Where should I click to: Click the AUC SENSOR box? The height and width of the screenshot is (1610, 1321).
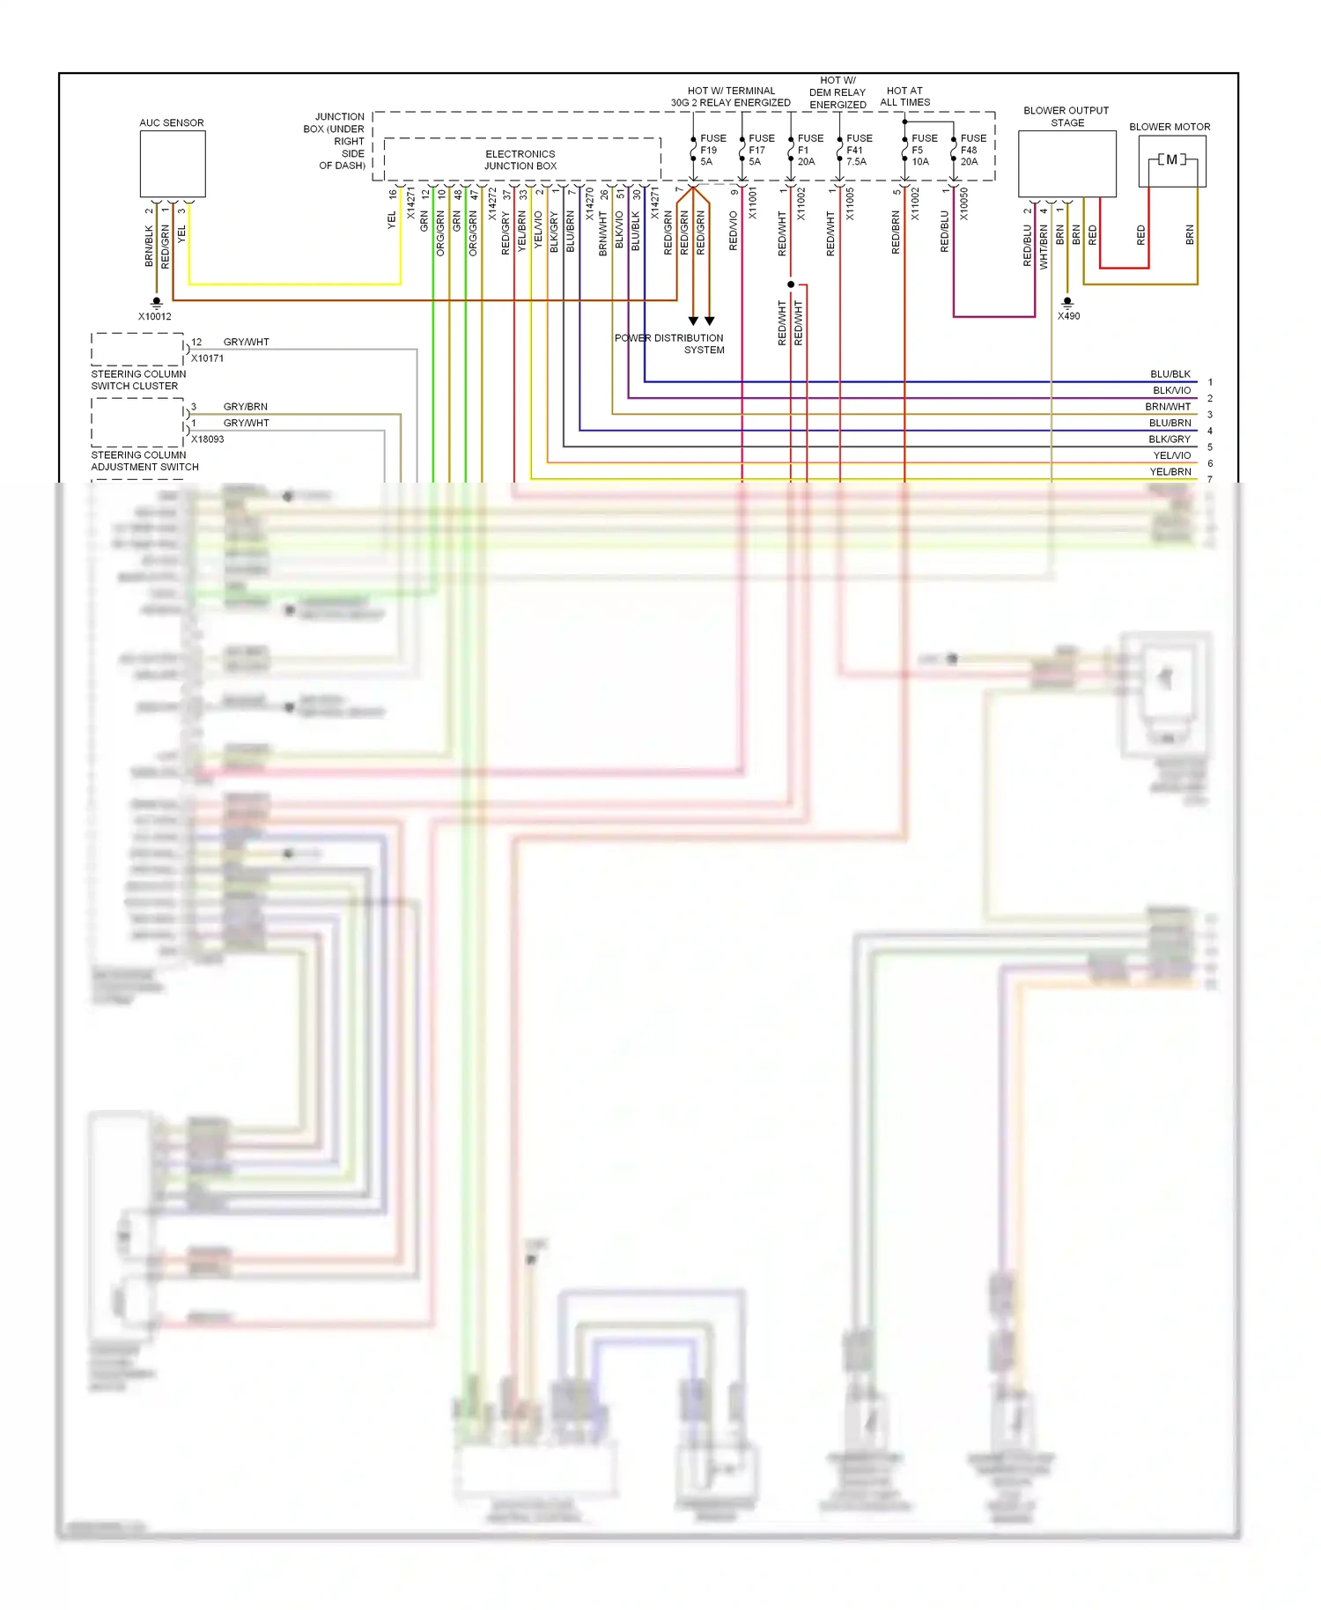[x=173, y=164]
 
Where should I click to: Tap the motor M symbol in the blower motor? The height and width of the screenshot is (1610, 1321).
[x=1171, y=159]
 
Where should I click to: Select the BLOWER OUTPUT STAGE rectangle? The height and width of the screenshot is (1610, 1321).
[x=1066, y=164]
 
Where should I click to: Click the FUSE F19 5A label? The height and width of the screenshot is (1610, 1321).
[x=712, y=150]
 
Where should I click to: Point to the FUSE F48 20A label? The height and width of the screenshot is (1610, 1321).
[x=972, y=150]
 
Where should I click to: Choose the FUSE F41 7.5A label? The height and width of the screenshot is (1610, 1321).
[x=858, y=150]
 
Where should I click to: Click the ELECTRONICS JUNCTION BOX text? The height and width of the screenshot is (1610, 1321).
[x=520, y=159]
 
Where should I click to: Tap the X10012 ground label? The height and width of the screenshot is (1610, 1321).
[x=155, y=316]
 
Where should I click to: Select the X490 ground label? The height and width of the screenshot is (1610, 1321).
[x=1068, y=316]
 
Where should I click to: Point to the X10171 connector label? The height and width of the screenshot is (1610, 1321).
[x=208, y=358]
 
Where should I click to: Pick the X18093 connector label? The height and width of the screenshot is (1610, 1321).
[x=208, y=439]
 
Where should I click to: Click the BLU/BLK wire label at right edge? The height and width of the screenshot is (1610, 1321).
[x=1170, y=374]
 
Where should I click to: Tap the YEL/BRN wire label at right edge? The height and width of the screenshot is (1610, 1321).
[x=1170, y=472]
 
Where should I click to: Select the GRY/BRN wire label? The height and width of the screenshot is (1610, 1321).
[x=245, y=407]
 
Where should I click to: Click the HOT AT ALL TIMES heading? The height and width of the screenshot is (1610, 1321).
[x=904, y=96]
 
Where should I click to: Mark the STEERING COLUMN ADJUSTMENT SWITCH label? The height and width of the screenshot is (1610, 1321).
[x=144, y=461]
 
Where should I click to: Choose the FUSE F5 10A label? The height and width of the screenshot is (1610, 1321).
[x=923, y=150]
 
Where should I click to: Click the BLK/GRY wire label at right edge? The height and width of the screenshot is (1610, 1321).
[x=1169, y=439]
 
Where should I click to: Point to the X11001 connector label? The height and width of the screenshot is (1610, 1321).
[x=752, y=203]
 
